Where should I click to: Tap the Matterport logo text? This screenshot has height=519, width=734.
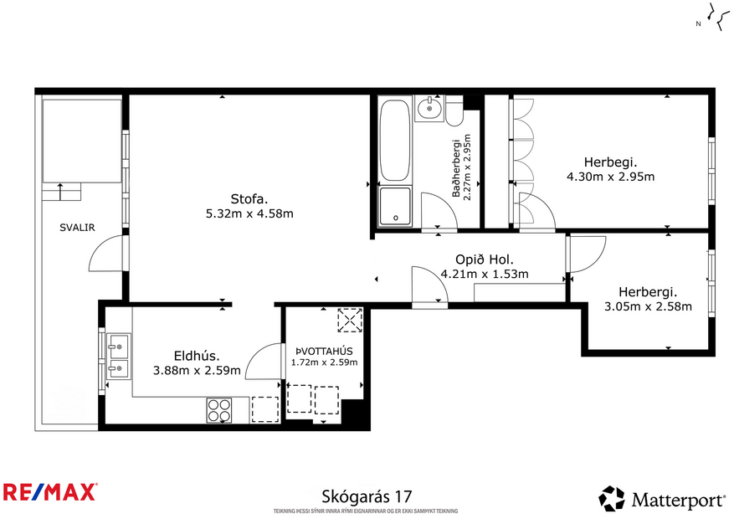tap(678, 501)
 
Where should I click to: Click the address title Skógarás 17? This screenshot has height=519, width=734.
tap(367, 497)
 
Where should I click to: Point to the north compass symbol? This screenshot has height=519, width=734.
tap(713, 18)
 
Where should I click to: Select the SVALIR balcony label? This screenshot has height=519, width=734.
tap(76, 228)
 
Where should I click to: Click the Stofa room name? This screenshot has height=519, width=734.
tap(249, 199)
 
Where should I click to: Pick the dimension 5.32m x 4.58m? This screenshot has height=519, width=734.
tap(250, 214)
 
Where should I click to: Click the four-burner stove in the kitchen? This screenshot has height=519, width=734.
tap(219, 409)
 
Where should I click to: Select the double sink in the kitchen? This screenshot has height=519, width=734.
tap(118, 355)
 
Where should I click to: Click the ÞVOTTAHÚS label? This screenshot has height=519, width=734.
tap(324, 350)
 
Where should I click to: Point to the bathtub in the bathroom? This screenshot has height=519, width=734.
tap(395, 141)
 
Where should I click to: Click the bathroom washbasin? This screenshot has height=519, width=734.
tap(429, 108)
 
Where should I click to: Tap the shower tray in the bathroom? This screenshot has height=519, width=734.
tap(394, 207)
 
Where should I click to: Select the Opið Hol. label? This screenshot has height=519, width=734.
tap(484, 259)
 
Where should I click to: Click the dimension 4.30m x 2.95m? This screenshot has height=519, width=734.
tap(610, 177)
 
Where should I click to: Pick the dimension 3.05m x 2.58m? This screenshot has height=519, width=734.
tap(648, 306)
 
